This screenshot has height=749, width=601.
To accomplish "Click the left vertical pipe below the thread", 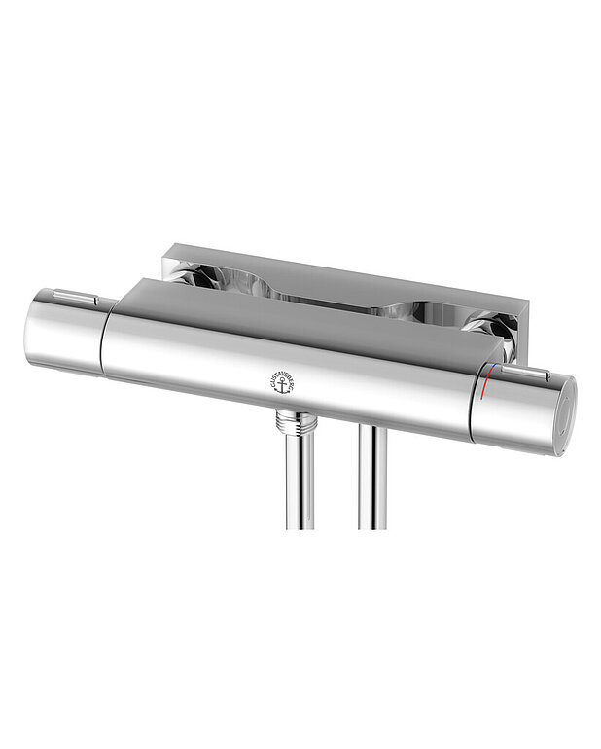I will point(299,481).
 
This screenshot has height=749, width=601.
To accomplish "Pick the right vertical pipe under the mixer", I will point(371,481).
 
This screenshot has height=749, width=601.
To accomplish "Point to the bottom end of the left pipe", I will point(299,525).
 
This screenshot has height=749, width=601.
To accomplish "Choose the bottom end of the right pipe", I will point(371,525).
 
